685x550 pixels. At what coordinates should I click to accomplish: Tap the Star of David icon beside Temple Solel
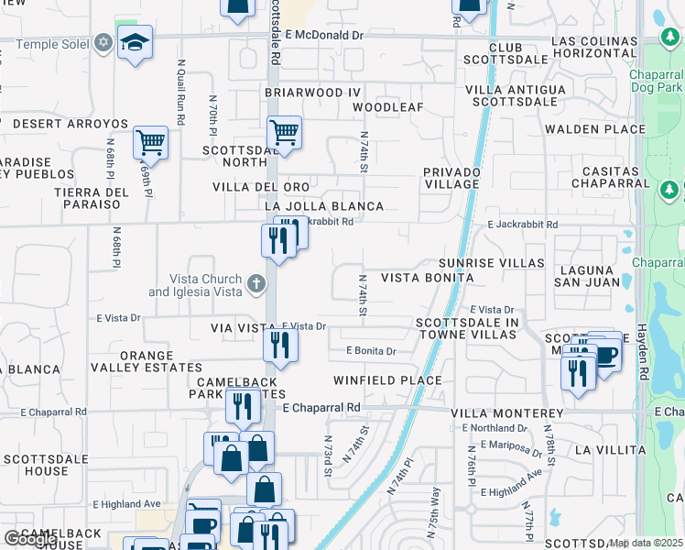pyautogui.click(x=103, y=43)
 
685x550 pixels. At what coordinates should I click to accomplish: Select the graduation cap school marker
pyautogui.click(x=135, y=43)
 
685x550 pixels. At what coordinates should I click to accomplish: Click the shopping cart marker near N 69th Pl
pyautogui.click(x=150, y=143)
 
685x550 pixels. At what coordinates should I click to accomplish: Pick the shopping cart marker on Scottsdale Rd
pyautogui.click(x=284, y=134)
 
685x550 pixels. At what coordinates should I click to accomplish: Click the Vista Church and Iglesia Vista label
pyautogui.click(x=196, y=286)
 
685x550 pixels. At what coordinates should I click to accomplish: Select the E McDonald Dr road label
pyautogui.click(x=324, y=35)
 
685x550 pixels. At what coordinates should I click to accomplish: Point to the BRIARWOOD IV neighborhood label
pyautogui.click(x=312, y=93)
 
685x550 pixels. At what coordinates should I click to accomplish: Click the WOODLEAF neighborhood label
pyautogui.click(x=388, y=107)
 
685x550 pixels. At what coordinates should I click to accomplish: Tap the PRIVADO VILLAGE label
pyautogui.click(x=451, y=178)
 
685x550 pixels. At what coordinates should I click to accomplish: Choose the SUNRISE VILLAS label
pyautogui.click(x=491, y=263)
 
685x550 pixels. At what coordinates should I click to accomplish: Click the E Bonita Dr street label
pyautogui.click(x=371, y=351)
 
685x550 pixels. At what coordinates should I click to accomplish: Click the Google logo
pyautogui.click(x=30, y=538)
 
